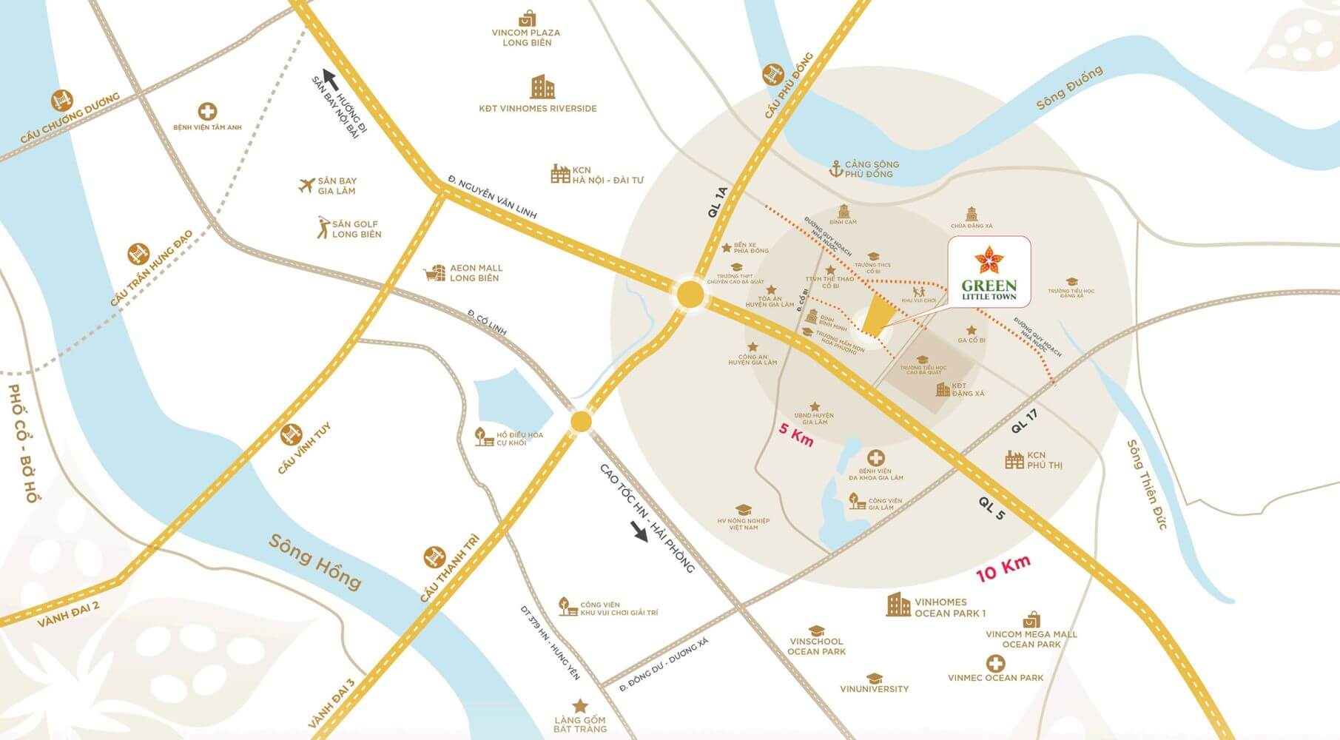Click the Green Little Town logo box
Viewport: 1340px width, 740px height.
(989, 272)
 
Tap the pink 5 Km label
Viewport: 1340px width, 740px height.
(797, 435)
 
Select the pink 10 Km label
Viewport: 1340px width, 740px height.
(1003, 568)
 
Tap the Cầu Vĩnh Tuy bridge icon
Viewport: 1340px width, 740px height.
(291, 434)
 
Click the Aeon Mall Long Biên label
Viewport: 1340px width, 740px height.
(476, 273)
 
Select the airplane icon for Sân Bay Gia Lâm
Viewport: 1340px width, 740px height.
(306, 185)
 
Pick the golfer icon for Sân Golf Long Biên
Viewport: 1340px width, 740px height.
(322, 227)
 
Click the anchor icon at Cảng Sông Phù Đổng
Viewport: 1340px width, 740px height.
(835, 169)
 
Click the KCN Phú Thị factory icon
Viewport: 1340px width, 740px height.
(1014, 460)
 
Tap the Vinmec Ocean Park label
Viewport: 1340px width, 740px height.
(995, 677)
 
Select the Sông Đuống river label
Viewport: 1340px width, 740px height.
(1068, 87)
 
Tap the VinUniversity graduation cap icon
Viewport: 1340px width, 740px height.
(874, 678)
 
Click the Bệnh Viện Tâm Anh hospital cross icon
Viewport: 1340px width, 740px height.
(208, 112)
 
